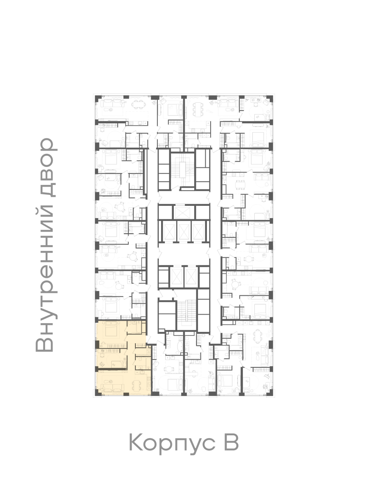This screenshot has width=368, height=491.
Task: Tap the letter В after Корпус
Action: tap(231, 443)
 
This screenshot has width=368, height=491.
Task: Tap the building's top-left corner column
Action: tap(98, 98)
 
